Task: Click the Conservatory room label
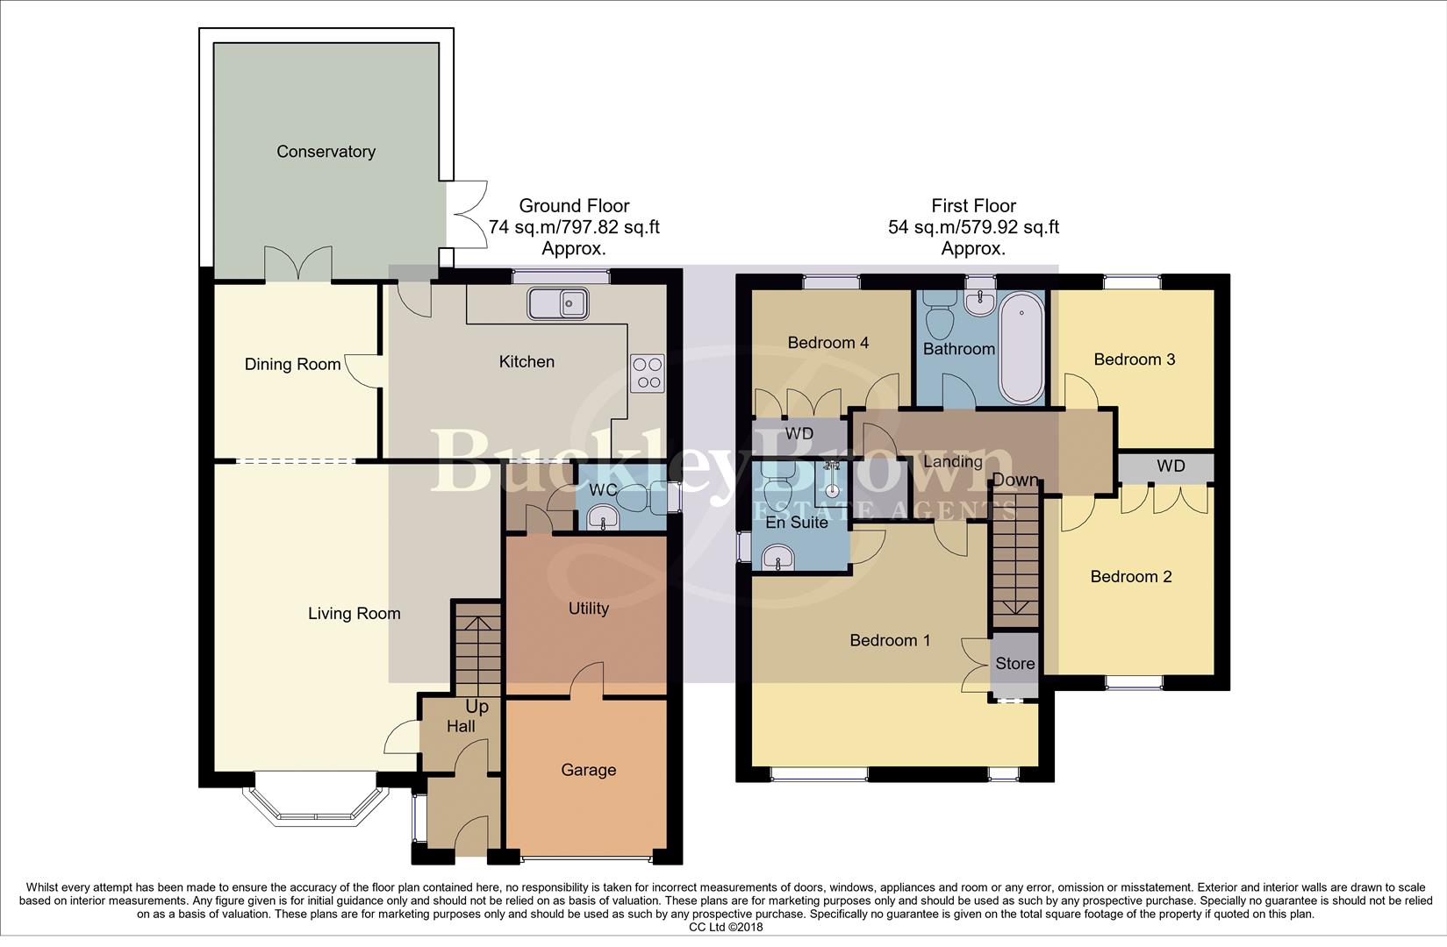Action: pos(326,152)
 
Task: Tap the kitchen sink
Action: pos(558,303)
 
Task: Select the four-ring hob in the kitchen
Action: pos(648,374)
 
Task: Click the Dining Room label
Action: pos(292,364)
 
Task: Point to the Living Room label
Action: pos(354,613)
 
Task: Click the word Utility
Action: pos(589,609)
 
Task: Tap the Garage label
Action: pos(589,770)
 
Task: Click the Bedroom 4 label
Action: pos(828,342)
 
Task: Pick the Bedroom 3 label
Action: pos(1135,359)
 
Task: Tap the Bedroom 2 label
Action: pos(1131,576)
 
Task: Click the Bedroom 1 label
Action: pos(890,640)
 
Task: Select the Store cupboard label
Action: pos(1015,664)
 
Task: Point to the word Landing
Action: pos(953,461)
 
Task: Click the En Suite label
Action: pos(797,523)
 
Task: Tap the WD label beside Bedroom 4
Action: pos(799,433)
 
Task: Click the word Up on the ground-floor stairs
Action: pos(476,708)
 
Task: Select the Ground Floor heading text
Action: pos(574,206)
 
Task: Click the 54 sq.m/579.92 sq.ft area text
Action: pos(973,227)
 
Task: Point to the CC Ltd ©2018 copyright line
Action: pos(726,928)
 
